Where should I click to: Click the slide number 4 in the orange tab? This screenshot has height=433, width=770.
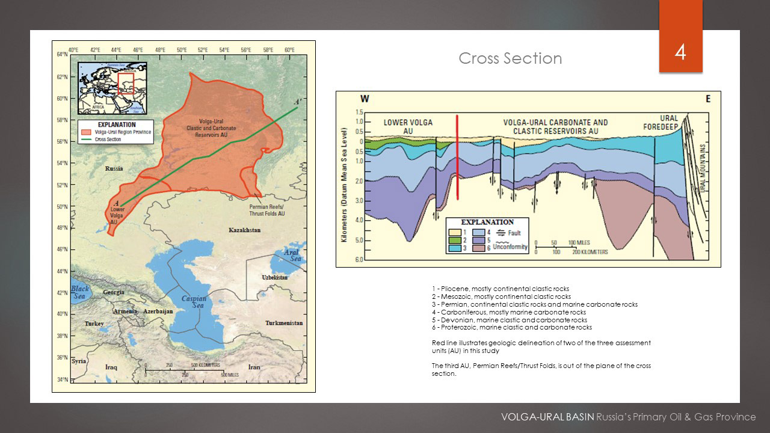pos(680,52)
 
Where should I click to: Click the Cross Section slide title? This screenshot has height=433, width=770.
pos(510,58)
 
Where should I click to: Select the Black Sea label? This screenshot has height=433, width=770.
pos(80,292)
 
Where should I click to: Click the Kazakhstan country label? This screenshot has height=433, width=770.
pos(244,230)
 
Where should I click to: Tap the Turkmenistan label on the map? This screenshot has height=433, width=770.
pos(284,323)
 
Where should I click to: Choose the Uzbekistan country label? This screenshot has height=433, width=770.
pos(275,277)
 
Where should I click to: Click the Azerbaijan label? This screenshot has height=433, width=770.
pos(158,312)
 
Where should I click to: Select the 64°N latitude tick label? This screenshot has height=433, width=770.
pos(62,54)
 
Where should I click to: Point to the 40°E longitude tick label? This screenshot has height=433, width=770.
pos(73,49)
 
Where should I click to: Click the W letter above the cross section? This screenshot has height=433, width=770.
pos(365,99)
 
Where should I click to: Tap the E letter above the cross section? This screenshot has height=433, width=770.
pos(707,99)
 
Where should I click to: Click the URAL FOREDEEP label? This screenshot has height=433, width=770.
pos(668,123)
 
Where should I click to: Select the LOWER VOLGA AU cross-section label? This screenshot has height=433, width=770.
pos(408,126)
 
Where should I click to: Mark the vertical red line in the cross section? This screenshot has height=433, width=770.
pos(458,156)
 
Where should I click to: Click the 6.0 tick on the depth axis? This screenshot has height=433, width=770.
pos(359,260)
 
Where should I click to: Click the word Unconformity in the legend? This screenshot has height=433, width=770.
pos(510,247)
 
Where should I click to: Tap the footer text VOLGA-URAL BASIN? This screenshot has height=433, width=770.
pos(547,417)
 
